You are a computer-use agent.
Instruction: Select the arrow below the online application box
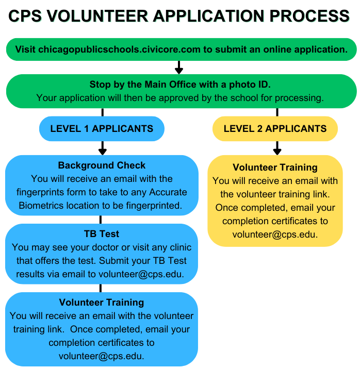click(179, 68)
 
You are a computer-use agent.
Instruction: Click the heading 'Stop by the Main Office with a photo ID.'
click(180, 85)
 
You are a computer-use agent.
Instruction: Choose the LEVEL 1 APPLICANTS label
click(102, 128)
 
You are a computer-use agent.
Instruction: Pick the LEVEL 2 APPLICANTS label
click(275, 128)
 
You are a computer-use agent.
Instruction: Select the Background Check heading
click(102, 165)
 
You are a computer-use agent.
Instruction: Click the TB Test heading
click(102, 233)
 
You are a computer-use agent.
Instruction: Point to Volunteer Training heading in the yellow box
click(275, 167)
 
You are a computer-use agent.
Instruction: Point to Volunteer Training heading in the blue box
click(102, 303)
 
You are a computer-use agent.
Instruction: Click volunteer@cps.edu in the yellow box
click(275, 234)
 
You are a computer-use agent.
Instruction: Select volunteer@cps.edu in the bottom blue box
click(102, 356)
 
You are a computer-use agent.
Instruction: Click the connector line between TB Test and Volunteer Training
click(100, 288)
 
